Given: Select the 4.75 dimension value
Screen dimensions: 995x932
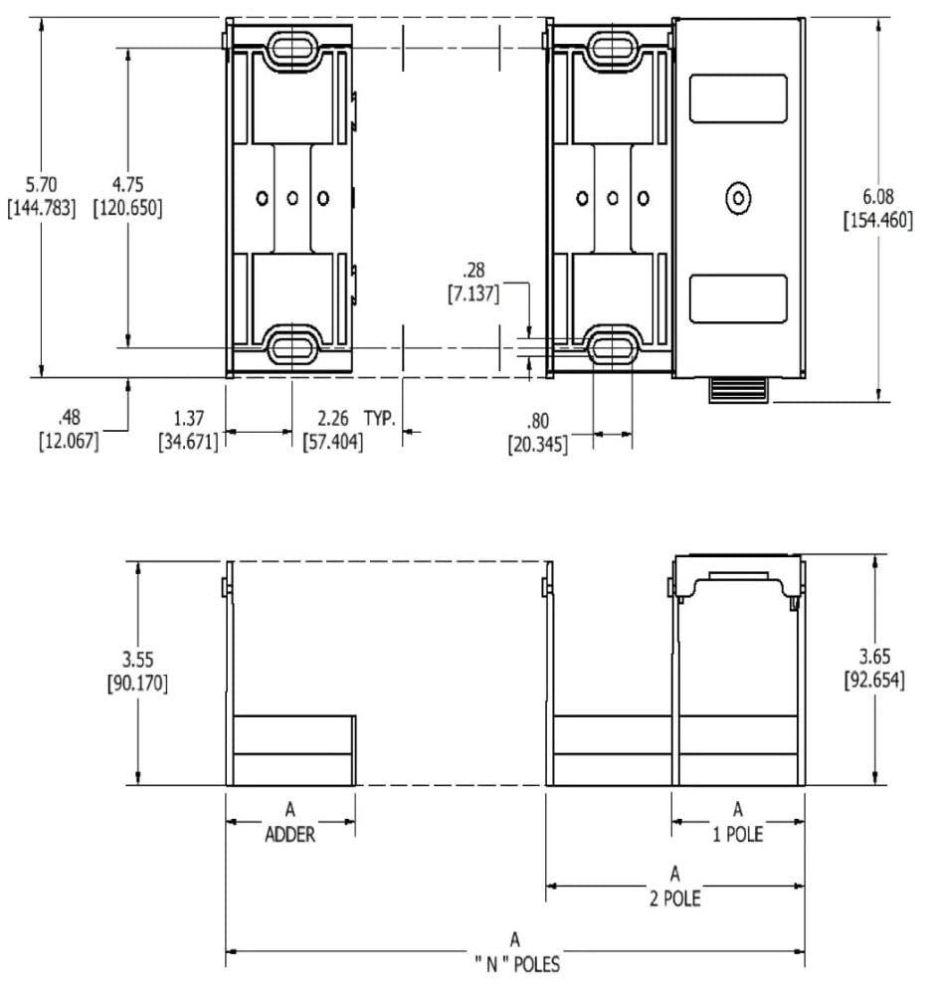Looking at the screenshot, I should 126,184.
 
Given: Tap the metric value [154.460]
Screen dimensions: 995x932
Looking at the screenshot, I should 877,221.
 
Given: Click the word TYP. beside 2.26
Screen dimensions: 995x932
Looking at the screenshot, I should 379,418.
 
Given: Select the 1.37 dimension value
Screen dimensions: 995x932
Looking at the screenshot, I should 188,418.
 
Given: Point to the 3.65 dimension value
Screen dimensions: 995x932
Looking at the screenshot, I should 876,660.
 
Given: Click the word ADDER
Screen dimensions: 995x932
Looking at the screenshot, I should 289,836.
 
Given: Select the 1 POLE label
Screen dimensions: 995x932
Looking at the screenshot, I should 737,834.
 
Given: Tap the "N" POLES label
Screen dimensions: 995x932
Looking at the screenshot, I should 514,964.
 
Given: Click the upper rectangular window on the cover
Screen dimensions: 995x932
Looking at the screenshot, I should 737,99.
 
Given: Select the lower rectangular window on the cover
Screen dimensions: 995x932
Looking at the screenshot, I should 737,298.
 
